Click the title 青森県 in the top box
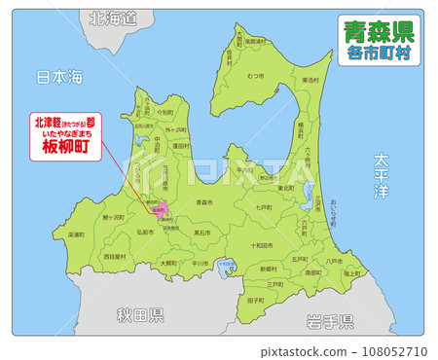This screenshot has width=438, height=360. click(x=379, y=33)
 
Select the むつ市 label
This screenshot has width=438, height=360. click(x=256, y=75)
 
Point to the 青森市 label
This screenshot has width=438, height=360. click(x=204, y=202)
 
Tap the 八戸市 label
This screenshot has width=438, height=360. click(x=334, y=261)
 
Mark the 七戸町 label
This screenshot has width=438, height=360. click(x=263, y=207)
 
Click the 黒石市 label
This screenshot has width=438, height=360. click(x=202, y=234)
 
